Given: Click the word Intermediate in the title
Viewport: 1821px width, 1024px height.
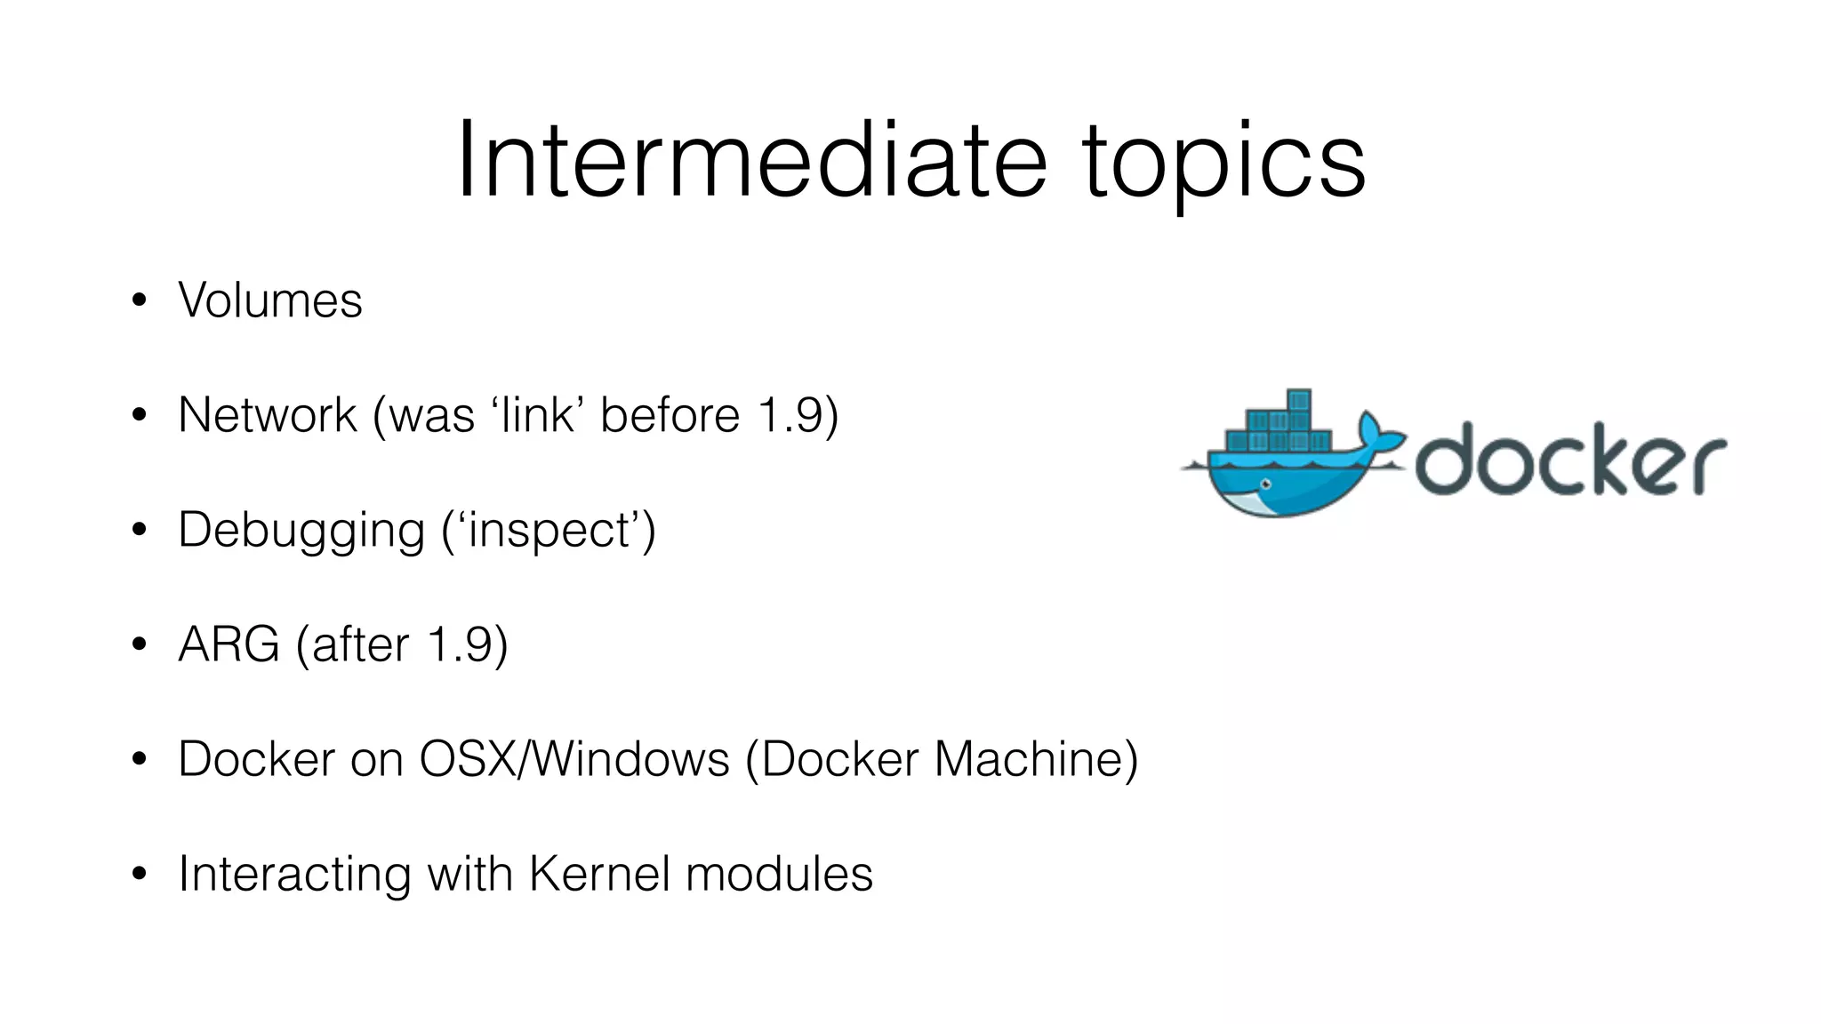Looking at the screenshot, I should tap(751, 162).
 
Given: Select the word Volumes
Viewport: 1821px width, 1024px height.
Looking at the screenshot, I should tap(270, 300).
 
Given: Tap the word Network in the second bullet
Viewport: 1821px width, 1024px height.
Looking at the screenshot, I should tap(267, 415).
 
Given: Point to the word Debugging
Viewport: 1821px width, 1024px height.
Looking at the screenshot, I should tap(301, 531).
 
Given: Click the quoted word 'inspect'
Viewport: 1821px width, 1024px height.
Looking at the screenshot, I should tap(548, 531).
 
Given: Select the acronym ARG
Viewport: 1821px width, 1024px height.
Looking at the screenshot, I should tap(229, 644).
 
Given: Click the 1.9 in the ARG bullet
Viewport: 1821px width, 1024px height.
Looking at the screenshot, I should tap(460, 644).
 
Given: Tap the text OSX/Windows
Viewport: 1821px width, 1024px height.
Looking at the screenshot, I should tap(574, 759).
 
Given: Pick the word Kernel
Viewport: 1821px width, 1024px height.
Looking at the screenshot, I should tap(599, 874).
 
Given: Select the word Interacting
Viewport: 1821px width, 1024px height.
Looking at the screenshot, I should tap(294, 874).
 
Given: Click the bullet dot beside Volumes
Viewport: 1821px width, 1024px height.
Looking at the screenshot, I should tap(139, 300).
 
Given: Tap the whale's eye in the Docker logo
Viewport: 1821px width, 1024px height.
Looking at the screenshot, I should tap(1265, 484).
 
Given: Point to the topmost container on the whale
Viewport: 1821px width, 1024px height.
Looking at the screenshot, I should tap(1299, 399).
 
